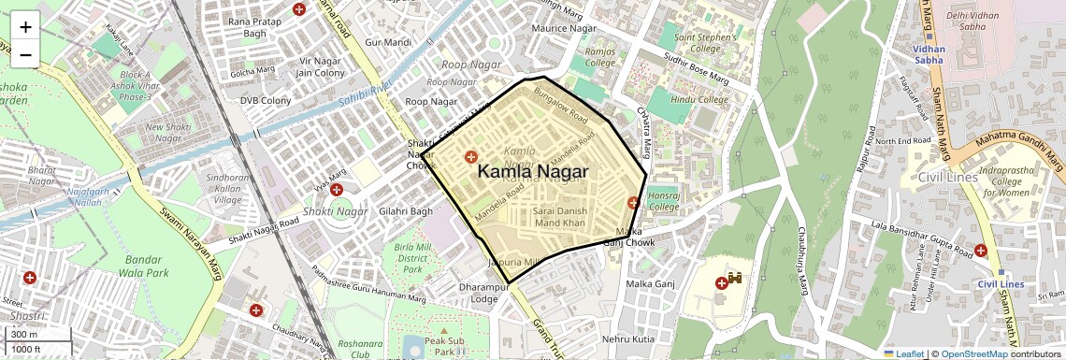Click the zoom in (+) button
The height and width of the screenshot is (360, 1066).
tap(25, 26)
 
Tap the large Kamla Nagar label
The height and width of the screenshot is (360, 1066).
tap(533, 172)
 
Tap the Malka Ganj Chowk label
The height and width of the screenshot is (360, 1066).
tap(627, 237)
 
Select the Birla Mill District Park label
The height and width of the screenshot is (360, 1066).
tap(411, 257)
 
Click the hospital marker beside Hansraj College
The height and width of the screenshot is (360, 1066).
tap(634, 202)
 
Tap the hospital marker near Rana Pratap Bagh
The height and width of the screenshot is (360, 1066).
tap(299, 9)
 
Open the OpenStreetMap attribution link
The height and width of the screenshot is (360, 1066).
tap(974, 353)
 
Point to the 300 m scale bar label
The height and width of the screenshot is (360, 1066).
tap(24, 335)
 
